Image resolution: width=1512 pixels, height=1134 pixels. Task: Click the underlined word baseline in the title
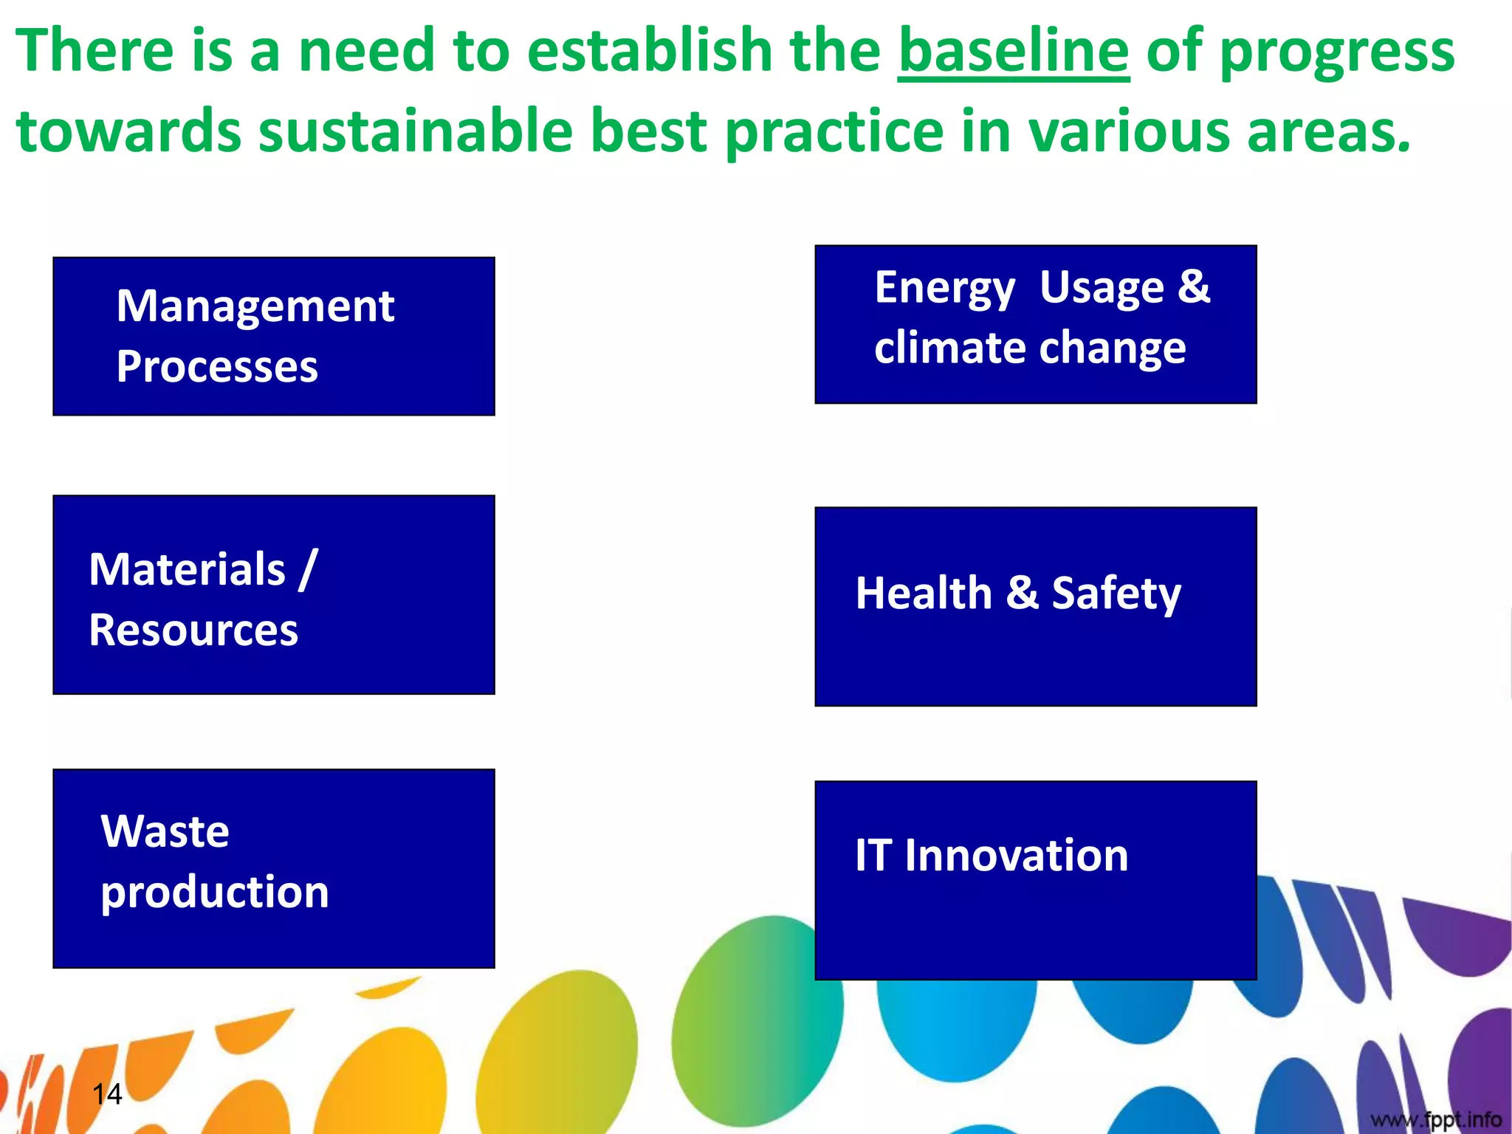coord(1013,52)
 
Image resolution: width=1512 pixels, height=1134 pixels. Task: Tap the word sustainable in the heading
coord(415,131)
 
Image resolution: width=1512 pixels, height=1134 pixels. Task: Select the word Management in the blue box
coord(255,306)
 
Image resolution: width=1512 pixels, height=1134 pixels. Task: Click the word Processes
coord(217,367)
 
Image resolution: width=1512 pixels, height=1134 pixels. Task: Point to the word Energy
coord(944,289)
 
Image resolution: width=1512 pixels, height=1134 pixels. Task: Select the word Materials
coord(187,569)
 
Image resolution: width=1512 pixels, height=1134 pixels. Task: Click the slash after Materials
coord(308,569)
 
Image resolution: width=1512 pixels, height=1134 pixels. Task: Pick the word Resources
coord(193,630)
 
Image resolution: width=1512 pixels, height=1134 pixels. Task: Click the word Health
coord(924,593)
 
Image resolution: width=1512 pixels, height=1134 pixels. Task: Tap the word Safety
coord(1116,594)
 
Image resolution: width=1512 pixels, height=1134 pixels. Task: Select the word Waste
coord(165,831)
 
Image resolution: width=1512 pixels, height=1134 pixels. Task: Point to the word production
coord(215,893)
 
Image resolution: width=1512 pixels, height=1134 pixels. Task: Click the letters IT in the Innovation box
coord(873,856)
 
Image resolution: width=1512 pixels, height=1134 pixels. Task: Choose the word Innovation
coord(1016,856)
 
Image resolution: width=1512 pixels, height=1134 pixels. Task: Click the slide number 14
coord(107,1093)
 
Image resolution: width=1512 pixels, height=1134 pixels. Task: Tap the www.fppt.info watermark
coord(1436,1120)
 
